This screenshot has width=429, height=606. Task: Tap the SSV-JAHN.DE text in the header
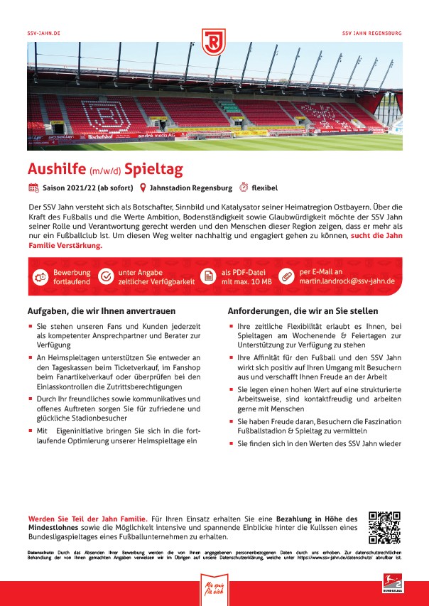point(43,33)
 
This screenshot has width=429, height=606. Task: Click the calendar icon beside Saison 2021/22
point(33,188)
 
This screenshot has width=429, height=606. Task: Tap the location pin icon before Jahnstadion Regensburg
point(143,188)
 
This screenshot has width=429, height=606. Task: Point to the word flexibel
point(267,188)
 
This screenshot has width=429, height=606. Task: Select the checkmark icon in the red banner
point(106,276)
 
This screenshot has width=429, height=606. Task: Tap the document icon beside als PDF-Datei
point(207,276)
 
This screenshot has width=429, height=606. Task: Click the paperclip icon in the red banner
point(286,276)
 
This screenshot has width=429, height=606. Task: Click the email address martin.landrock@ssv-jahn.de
point(347,281)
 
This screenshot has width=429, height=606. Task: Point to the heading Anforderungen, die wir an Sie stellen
point(303,310)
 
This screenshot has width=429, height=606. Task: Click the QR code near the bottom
point(384,527)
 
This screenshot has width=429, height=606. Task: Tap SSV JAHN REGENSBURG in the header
point(371,33)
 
